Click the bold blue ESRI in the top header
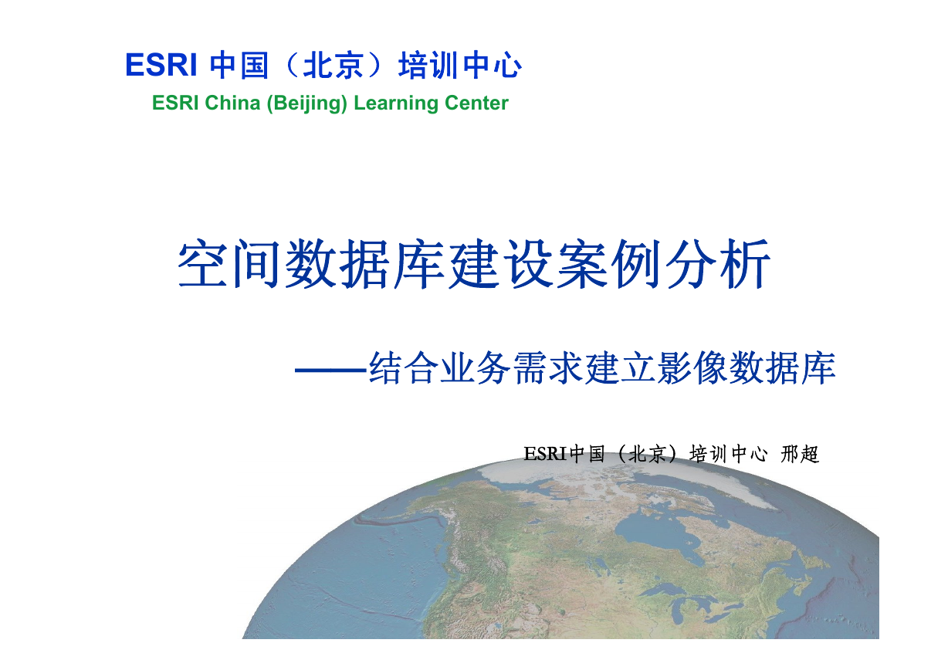point(161,65)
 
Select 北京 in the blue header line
point(333,65)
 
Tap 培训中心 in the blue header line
point(460,65)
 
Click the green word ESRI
point(176,103)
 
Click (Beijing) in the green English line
point(306,103)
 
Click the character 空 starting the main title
point(202,264)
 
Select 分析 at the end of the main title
point(718,264)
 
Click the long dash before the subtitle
point(330,370)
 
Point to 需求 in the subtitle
point(547,367)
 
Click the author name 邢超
point(800,454)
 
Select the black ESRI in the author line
point(546,454)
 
